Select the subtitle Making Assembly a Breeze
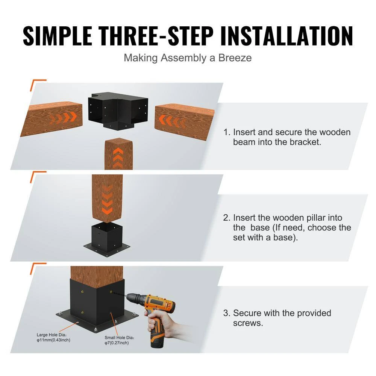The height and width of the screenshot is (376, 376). (188, 58)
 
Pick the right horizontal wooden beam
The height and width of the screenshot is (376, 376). (184, 121)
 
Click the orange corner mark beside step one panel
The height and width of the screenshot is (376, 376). (38, 85)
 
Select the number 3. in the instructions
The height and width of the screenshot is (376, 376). (226, 313)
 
